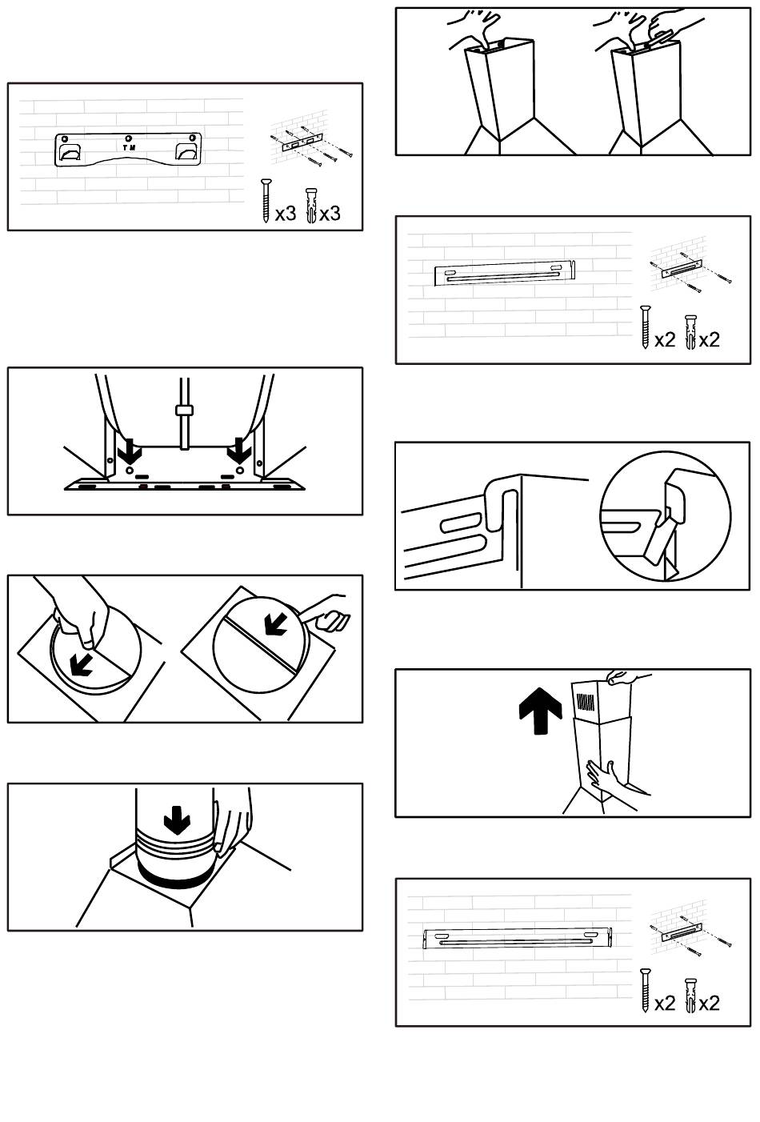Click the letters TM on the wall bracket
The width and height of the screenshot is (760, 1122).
(129, 148)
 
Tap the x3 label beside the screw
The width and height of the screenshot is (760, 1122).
(286, 214)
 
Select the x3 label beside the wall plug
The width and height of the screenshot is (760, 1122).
(330, 214)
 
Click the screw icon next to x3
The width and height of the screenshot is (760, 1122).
(266, 200)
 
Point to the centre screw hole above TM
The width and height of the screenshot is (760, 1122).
(129, 138)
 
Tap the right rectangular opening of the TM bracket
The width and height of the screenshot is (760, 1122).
(186, 152)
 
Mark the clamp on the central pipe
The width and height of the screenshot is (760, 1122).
(184, 411)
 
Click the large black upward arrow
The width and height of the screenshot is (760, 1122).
(541, 711)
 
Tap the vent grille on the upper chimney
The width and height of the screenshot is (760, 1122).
(587, 702)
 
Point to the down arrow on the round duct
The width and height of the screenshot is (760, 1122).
(178, 820)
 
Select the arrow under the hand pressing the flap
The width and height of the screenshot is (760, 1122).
(82, 664)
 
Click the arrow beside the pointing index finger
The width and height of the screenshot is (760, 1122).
(275, 623)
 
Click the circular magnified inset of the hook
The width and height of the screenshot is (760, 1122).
(666, 516)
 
